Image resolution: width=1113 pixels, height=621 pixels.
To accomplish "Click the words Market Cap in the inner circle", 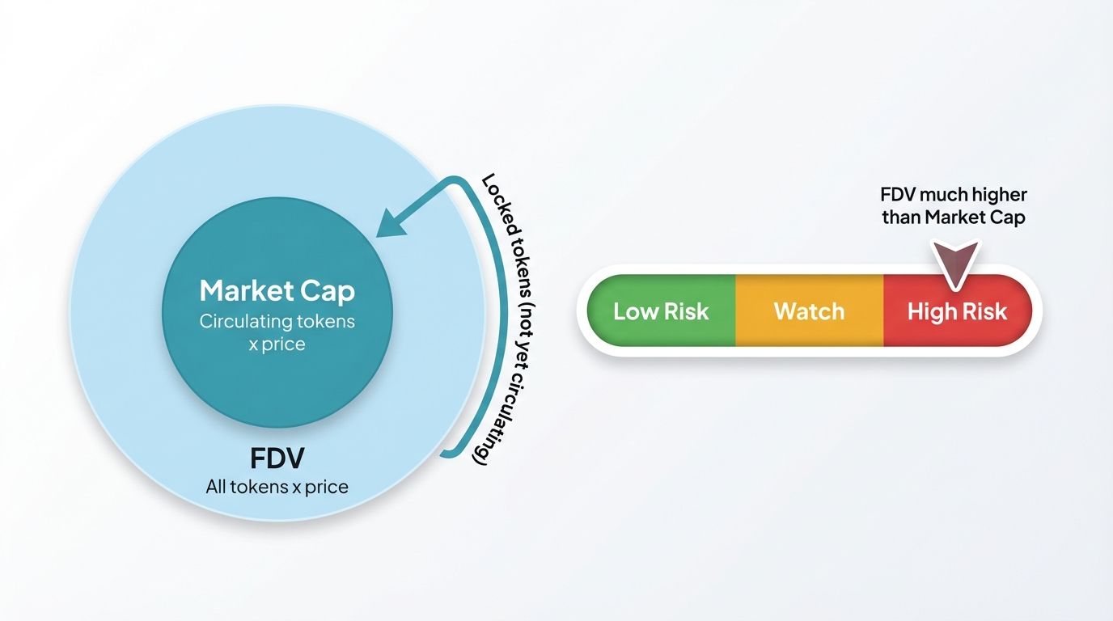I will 277,291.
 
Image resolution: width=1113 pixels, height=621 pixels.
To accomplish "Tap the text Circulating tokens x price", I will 277,332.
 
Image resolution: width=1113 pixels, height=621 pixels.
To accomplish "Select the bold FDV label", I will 277,458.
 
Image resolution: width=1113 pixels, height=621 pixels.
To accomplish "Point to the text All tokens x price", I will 277,487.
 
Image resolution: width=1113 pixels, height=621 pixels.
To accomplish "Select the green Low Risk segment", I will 660,311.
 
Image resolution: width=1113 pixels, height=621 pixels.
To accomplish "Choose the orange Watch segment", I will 809,311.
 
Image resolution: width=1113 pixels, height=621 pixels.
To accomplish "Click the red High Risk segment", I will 957,311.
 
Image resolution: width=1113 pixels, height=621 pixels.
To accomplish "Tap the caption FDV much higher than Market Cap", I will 954,206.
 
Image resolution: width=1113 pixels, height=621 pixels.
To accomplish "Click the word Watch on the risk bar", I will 809,311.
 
